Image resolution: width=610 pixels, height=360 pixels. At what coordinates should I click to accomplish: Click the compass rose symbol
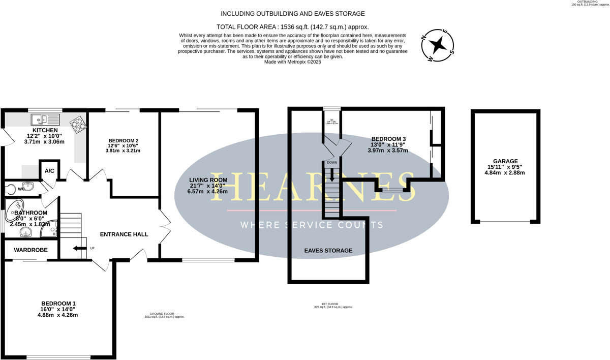[437, 46]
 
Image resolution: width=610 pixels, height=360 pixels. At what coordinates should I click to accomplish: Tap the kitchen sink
[45, 119]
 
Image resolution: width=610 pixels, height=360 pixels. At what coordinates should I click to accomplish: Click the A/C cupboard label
[49, 171]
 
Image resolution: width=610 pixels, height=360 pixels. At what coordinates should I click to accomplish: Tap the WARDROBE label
[30, 250]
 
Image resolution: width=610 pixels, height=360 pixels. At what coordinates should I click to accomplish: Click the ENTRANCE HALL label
[124, 234]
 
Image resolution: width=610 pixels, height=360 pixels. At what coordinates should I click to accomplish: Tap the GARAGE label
[504, 161]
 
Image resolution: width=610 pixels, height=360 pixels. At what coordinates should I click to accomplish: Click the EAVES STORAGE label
[328, 251]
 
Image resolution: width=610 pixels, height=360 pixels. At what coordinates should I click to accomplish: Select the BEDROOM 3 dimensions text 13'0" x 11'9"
[388, 145]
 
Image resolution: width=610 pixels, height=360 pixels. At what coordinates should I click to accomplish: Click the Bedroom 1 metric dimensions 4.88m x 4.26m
[57, 315]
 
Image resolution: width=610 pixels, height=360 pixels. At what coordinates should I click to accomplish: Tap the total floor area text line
[292, 27]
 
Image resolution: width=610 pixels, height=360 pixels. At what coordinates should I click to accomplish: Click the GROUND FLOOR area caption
[164, 315]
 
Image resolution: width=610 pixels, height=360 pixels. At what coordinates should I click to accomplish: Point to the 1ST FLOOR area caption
[333, 306]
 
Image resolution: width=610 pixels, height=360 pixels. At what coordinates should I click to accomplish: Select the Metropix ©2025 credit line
[293, 62]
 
